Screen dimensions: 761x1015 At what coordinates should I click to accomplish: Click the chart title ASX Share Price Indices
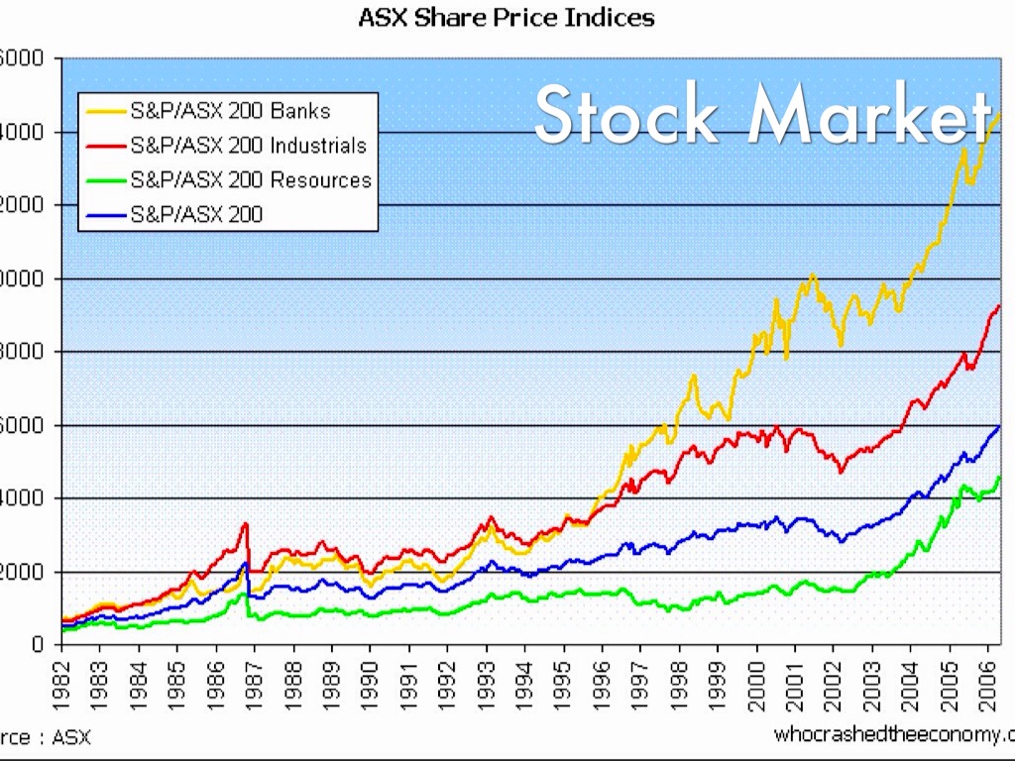pyautogui.click(x=507, y=17)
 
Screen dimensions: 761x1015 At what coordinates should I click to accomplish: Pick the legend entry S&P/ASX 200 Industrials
pyautogui.click(x=248, y=146)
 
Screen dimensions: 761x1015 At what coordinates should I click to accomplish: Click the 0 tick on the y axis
pyautogui.click(x=39, y=645)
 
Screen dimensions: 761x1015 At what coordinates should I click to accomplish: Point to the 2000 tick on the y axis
pyautogui.click(x=22, y=572)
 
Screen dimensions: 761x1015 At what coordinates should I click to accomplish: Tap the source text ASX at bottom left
pyautogui.click(x=71, y=738)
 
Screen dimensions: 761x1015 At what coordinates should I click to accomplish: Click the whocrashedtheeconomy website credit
pyautogui.click(x=893, y=734)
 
